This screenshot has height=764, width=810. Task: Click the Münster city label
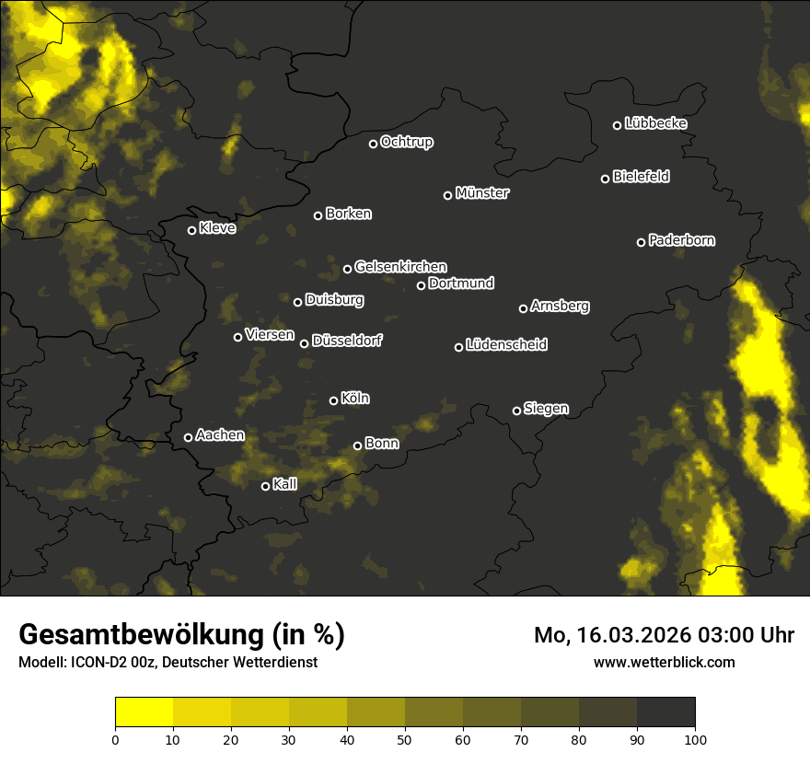point(482,193)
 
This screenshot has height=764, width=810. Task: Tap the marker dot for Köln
point(333,400)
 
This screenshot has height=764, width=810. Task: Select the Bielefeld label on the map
point(641,177)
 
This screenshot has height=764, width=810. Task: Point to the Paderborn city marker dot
point(641,242)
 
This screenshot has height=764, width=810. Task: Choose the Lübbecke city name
point(655,123)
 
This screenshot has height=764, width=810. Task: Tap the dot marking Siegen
point(516,411)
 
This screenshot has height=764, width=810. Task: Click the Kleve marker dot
point(191,230)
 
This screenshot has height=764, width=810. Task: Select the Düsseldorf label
point(347,341)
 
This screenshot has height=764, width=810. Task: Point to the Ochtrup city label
point(407,142)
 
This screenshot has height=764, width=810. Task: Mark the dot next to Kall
point(265,486)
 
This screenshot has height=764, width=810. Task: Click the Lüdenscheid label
point(507,345)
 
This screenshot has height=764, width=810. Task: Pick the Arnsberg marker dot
point(523,308)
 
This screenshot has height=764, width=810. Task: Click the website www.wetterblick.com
point(665,662)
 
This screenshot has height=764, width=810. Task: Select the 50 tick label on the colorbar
point(405,739)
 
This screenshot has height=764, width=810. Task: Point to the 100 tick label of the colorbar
point(694,739)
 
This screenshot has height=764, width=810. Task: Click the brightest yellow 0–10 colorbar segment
point(144,712)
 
